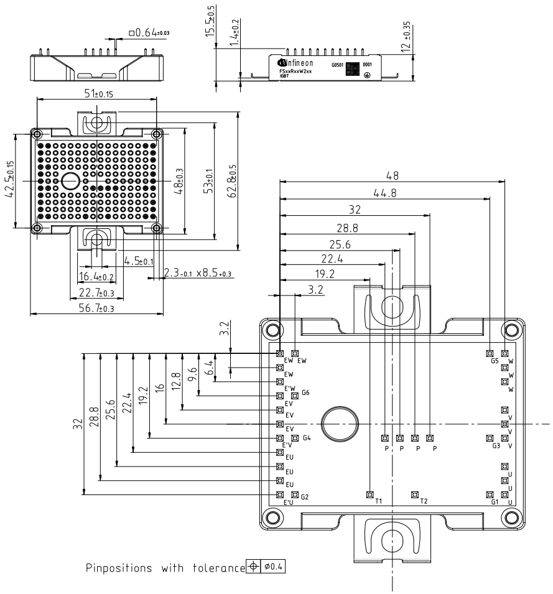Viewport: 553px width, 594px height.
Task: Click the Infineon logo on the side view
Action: click(295, 63)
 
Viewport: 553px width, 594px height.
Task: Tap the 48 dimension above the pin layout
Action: click(392, 176)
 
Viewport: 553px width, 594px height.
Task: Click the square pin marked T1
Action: click(369, 495)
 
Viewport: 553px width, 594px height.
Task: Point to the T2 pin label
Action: click(424, 501)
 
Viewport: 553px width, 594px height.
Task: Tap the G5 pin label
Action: click(495, 361)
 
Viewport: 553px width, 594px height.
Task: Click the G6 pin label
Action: click(305, 392)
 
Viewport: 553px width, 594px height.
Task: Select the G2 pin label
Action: click(304, 497)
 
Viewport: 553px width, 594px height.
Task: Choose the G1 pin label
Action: click(495, 501)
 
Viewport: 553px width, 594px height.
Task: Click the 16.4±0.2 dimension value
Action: click(96, 276)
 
